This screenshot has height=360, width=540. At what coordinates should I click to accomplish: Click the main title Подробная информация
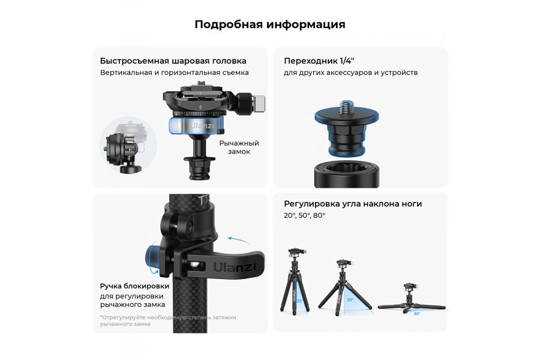[x=269, y=25]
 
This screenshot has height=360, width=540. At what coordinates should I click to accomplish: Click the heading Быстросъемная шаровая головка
[x=173, y=61]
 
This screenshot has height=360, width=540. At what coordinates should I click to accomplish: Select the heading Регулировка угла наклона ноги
[x=353, y=204]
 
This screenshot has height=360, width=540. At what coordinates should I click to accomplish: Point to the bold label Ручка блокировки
[x=134, y=286]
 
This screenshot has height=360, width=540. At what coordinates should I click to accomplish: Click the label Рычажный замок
[x=238, y=147]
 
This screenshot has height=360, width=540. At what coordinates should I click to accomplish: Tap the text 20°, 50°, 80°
[x=304, y=215]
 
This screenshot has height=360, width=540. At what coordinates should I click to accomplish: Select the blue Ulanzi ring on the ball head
[x=196, y=126]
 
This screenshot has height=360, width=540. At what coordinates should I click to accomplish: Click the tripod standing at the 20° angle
[x=294, y=281]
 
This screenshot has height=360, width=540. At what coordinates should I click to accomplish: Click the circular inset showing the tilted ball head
[x=128, y=146]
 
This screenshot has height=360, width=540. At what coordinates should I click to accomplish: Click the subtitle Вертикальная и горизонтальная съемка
[x=174, y=73]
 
